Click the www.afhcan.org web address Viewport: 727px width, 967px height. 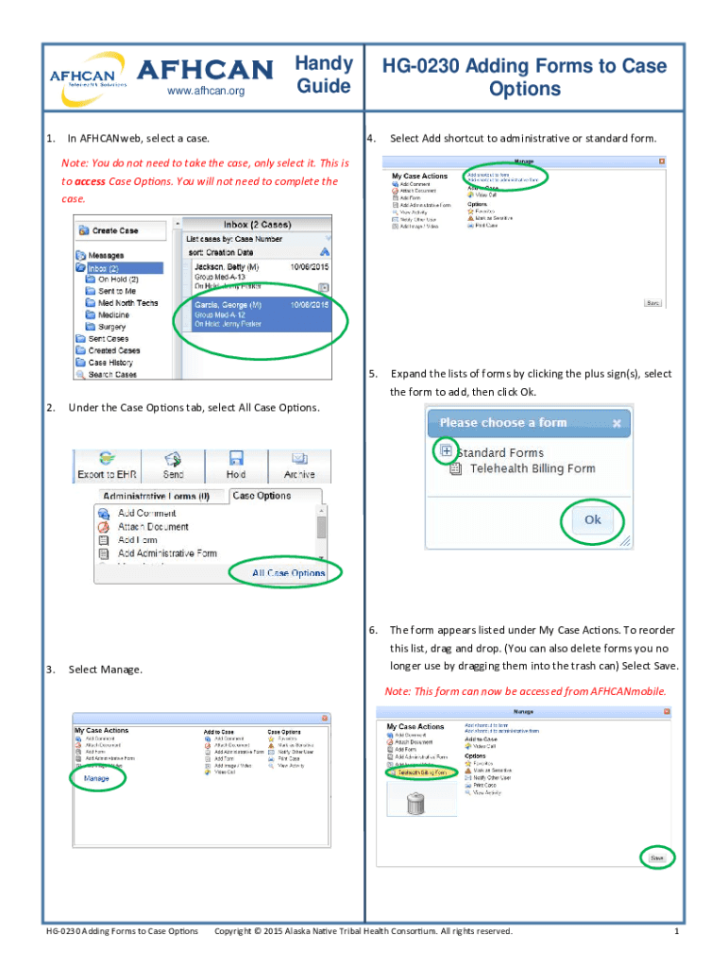[205, 92]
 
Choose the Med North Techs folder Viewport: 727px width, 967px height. [127, 303]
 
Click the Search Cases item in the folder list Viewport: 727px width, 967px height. [111, 375]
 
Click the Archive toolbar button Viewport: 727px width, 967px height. [298, 465]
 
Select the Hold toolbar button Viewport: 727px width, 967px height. [236, 465]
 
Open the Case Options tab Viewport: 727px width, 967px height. [262, 496]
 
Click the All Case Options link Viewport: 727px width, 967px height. [288, 572]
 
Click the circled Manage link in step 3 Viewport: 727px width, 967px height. [96, 778]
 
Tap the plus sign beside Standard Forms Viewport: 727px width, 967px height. [446, 451]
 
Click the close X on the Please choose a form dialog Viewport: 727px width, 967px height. [617, 422]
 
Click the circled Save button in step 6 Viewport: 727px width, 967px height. [657, 858]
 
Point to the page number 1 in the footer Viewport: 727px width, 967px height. [676, 932]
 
